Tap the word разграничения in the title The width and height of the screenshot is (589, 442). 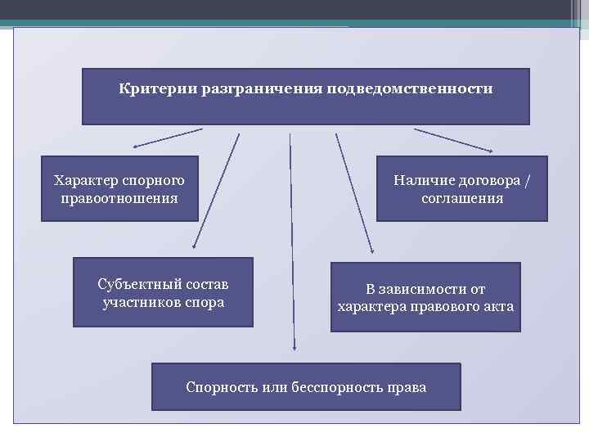[250, 88]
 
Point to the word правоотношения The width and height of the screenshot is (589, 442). [119, 198]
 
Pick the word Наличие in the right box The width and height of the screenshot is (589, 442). [421, 180]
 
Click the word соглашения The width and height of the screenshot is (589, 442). [462, 198]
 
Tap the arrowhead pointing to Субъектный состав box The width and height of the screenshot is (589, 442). [194, 246]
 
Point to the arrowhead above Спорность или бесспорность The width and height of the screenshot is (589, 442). [294, 347]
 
